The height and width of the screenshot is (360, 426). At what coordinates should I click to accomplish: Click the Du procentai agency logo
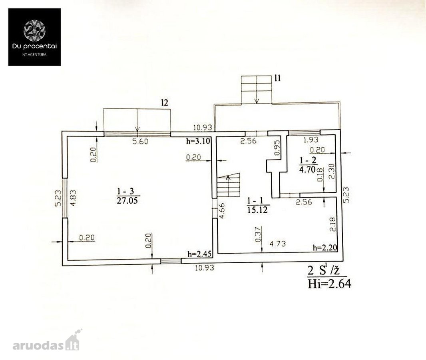point(34,37)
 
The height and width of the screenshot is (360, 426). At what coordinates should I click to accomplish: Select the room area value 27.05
point(127,200)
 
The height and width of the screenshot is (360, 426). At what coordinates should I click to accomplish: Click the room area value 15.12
point(257,209)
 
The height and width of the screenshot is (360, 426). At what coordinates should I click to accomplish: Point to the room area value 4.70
point(307,170)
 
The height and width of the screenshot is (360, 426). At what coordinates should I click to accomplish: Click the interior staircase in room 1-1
point(229,186)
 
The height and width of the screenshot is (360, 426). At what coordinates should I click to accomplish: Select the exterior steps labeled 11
point(257,90)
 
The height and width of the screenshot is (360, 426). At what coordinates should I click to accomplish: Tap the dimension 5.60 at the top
point(140,141)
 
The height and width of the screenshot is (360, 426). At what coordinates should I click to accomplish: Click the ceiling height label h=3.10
point(198,141)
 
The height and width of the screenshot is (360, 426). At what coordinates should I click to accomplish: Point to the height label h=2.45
point(199,254)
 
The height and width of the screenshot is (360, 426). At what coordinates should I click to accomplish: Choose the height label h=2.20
point(325,248)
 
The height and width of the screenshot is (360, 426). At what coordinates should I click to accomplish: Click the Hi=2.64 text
point(329,284)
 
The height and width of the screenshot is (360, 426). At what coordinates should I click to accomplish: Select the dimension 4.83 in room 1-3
point(74,198)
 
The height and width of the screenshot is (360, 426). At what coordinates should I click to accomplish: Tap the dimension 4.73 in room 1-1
point(278,243)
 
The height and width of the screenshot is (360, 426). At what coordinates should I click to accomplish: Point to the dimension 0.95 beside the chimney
point(277,148)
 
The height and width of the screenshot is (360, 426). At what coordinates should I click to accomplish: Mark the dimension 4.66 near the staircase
point(222,211)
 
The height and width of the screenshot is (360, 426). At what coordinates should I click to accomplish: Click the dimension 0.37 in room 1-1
point(259,234)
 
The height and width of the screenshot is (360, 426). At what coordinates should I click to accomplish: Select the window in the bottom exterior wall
point(171,261)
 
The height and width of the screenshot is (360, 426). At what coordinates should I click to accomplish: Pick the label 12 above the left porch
point(165,102)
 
